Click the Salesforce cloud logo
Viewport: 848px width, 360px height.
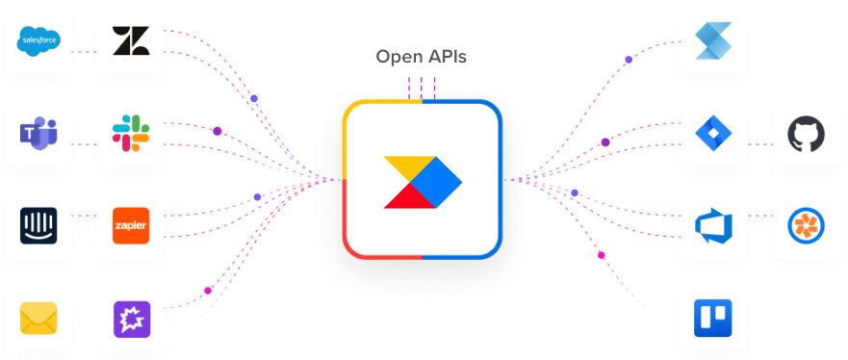pos(39,40)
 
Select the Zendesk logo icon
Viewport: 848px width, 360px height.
pos(131,40)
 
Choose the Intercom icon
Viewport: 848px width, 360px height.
pos(39,224)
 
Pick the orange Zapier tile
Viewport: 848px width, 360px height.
pos(131,224)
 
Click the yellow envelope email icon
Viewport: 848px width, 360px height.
pos(39,318)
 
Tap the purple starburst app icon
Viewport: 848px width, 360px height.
pos(131,318)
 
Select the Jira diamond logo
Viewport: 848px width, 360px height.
pos(713,133)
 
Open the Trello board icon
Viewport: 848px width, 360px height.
pos(713,319)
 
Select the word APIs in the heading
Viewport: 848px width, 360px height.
pos(447,57)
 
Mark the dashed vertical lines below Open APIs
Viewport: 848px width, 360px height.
pos(422,88)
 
